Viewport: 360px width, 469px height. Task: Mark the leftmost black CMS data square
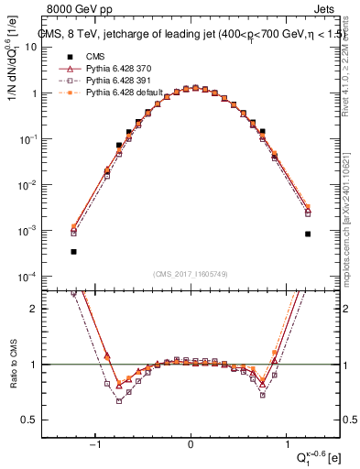(x=73, y=251)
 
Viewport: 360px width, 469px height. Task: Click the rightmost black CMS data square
(x=308, y=234)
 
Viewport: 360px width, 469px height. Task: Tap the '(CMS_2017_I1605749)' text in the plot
(x=191, y=274)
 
